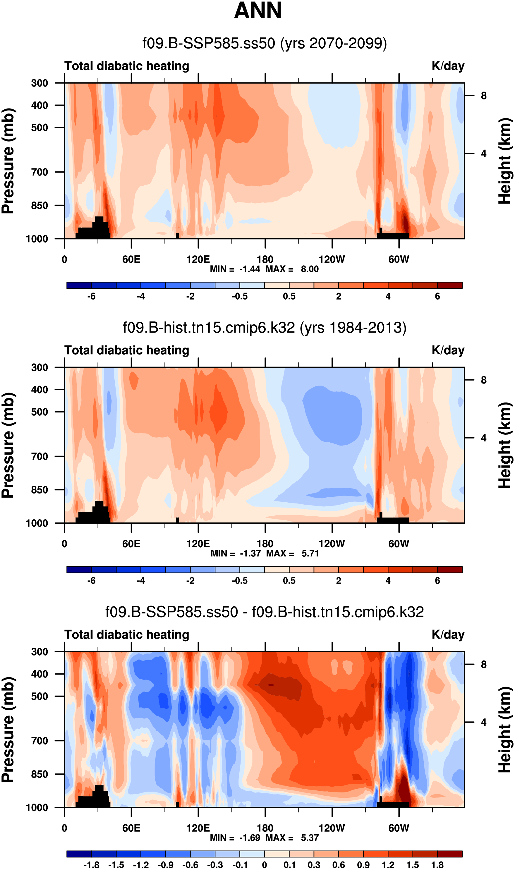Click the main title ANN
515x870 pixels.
(x=257, y=11)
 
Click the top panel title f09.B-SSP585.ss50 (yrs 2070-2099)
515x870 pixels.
(x=265, y=44)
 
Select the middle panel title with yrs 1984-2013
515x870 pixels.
(x=265, y=328)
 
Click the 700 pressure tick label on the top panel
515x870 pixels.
(x=40, y=172)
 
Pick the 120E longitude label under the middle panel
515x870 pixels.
(x=198, y=544)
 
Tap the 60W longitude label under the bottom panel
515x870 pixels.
(x=399, y=828)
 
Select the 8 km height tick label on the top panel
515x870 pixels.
(x=483, y=96)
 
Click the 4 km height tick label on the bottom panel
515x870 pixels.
(x=483, y=723)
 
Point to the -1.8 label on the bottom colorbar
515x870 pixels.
(x=91, y=865)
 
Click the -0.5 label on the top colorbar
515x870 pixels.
(x=240, y=297)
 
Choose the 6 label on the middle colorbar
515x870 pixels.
(x=437, y=581)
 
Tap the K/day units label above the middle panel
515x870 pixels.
(x=448, y=350)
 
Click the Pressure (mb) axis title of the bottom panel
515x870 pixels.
(x=8, y=730)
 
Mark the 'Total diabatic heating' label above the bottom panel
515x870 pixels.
(x=127, y=635)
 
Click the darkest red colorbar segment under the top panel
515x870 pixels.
(x=450, y=286)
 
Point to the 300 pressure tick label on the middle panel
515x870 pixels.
(x=40, y=367)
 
